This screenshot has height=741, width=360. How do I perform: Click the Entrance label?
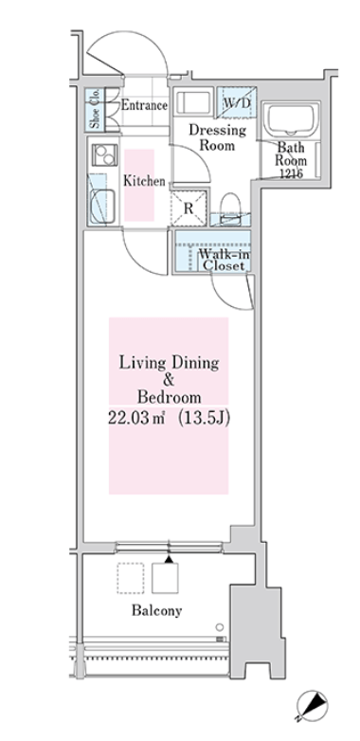click(x=144, y=105)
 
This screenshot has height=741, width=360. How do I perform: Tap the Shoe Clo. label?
click(x=95, y=110)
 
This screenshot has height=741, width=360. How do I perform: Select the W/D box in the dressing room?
click(x=236, y=102)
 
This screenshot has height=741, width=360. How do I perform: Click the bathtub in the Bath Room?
click(x=291, y=120)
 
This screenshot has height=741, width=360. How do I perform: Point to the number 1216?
click(x=292, y=173)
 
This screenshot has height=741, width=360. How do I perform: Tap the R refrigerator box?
click(x=189, y=208)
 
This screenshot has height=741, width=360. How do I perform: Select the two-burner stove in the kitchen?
click(x=105, y=155)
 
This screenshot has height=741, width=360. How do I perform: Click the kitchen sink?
click(x=102, y=206)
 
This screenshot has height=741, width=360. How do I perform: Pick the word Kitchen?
click(x=144, y=181)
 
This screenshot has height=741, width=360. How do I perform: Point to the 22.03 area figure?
click(x=136, y=419)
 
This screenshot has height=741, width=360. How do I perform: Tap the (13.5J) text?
click(x=204, y=419)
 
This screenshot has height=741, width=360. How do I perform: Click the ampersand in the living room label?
click(x=169, y=380)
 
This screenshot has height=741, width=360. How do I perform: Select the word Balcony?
click(x=156, y=610)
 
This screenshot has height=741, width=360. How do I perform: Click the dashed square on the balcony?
click(x=131, y=578)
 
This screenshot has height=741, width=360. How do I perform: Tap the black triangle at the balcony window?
click(x=169, y=559)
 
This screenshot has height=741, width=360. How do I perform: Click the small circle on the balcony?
click(x=219, y=627)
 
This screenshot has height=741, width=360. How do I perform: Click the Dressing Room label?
click(x=217, y=137)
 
